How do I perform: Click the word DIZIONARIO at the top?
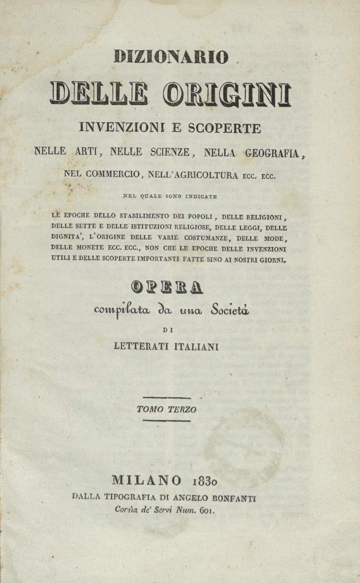[x=171, y=57]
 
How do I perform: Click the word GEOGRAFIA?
[x=272, y=153]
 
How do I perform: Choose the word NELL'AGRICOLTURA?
[x=196, y=175]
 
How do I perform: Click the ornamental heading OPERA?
[x=168, y=286]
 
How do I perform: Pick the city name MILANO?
[x=147, y=480]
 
